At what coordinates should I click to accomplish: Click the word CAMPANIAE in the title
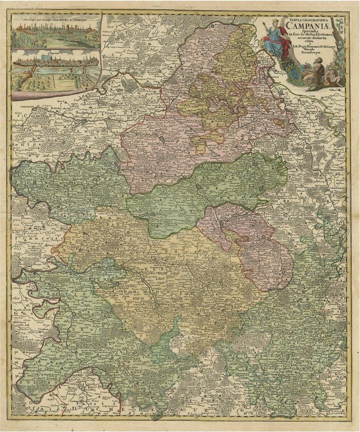tap(304, 26)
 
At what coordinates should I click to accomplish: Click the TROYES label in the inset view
tap(55, 52)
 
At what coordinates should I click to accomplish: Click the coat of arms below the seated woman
tap(287, 71)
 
